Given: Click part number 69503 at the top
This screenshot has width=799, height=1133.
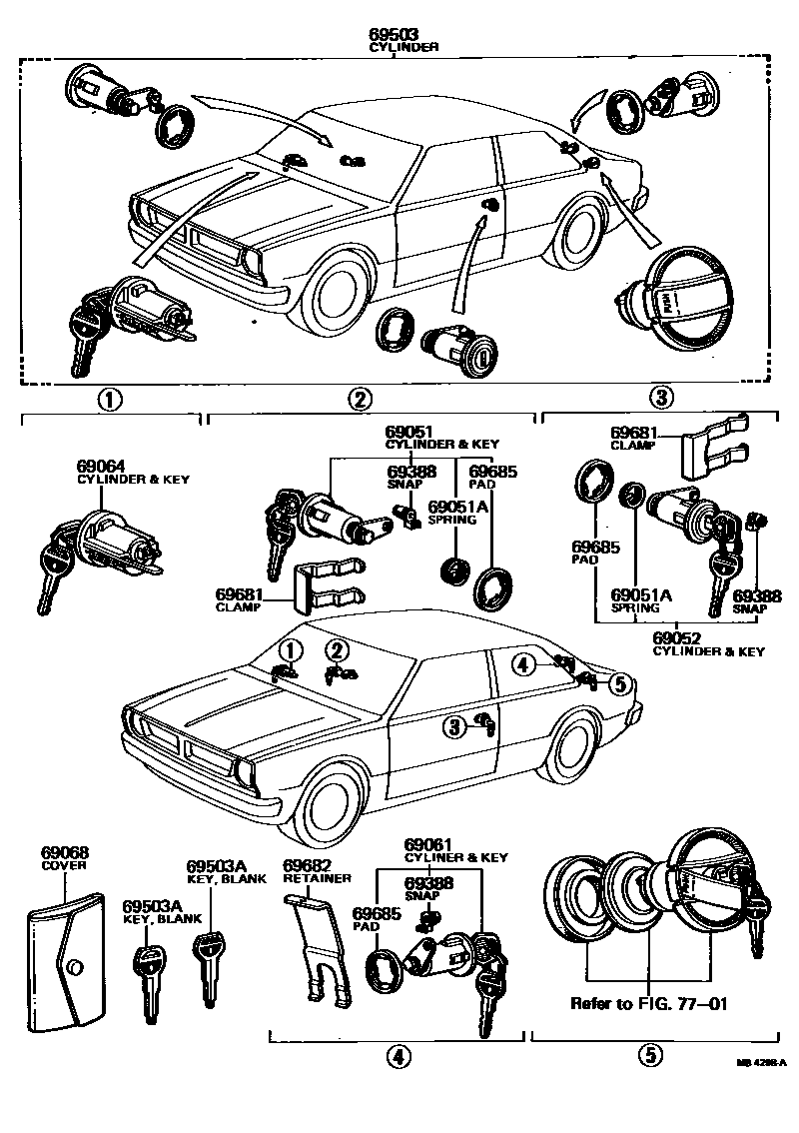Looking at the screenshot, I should [398, 34].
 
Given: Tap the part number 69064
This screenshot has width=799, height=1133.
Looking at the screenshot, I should [100, 466].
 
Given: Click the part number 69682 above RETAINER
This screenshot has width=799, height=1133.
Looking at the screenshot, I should [307, 865].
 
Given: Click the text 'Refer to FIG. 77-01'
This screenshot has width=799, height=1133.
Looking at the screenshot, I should [647, 1002].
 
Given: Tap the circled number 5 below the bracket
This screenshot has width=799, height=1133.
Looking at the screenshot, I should [649, 1055].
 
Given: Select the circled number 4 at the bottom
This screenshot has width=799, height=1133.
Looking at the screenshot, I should [398, 1055].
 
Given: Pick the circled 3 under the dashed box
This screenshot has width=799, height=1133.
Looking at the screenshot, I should [659, 398].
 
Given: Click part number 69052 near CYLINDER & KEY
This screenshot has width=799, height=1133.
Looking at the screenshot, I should [677, 637].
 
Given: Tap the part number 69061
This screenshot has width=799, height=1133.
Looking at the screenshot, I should [429, 844].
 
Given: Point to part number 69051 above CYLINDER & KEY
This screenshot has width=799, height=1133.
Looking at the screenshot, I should [411, 431].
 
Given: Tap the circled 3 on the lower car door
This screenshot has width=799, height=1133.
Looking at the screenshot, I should [454, 726].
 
